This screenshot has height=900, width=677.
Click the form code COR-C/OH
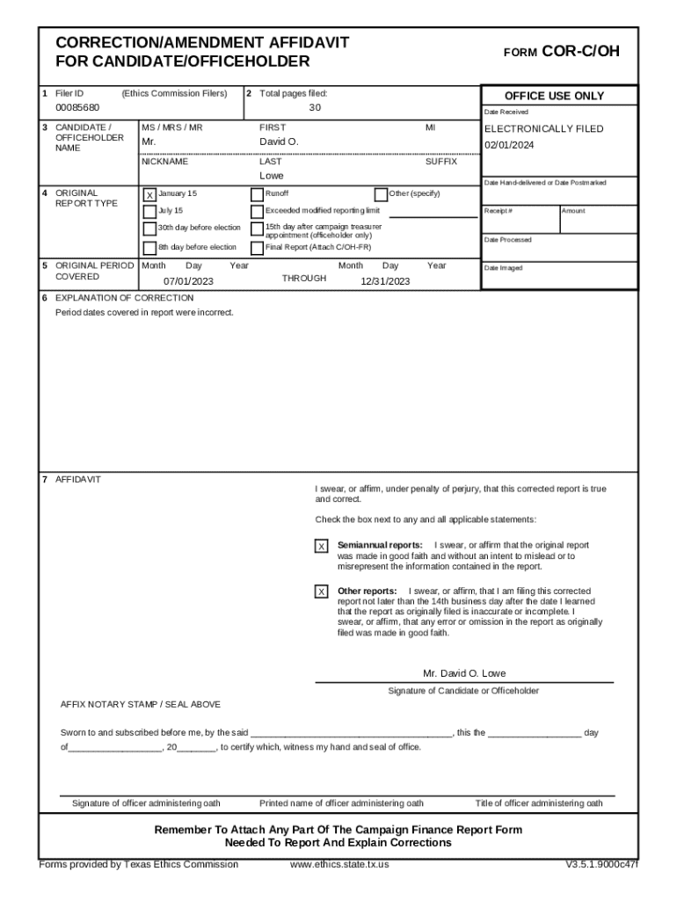point(581,52)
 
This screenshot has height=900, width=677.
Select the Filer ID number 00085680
point(77,108)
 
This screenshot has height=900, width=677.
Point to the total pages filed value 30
point(315,108)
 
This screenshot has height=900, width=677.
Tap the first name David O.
point(279,142)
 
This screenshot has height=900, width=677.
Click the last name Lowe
point(271,176)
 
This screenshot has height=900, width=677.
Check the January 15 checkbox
point(149,194)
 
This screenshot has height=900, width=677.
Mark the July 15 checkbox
point(149,211)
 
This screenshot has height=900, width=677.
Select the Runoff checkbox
point(257,194)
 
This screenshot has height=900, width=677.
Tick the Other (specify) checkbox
point(381,194)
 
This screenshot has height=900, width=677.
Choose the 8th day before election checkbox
point(149,248)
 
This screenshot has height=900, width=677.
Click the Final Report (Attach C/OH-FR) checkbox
point(257,248)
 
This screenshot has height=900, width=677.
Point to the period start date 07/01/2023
point(188,281)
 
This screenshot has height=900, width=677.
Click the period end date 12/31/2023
point(385,281)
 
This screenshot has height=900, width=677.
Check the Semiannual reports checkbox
point(321,547)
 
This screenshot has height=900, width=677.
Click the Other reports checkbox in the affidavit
point(321,592)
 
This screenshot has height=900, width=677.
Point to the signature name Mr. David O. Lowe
point(464,673)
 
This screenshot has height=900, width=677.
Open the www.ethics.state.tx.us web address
point(339,864)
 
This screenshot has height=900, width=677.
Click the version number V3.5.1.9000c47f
point(601,864)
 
